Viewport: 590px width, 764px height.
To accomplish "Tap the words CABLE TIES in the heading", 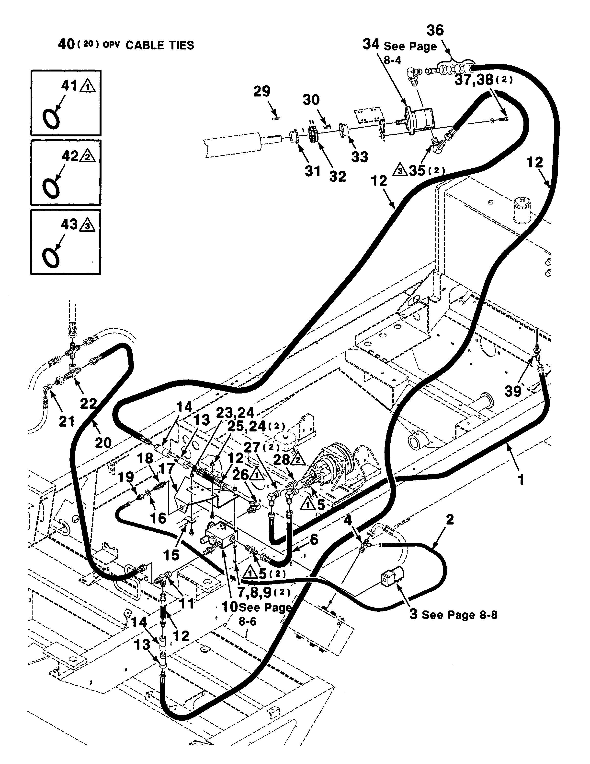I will [x=159, y=46].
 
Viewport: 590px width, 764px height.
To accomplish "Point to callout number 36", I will [x=435, y=30].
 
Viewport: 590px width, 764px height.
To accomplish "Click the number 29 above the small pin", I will [x=262, y=92].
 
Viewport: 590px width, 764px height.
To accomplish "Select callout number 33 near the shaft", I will [x=360, y=157].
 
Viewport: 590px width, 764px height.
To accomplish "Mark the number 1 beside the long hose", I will [x=522, y=480].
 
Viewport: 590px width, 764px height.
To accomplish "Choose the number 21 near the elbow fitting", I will [x=66, y=421].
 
